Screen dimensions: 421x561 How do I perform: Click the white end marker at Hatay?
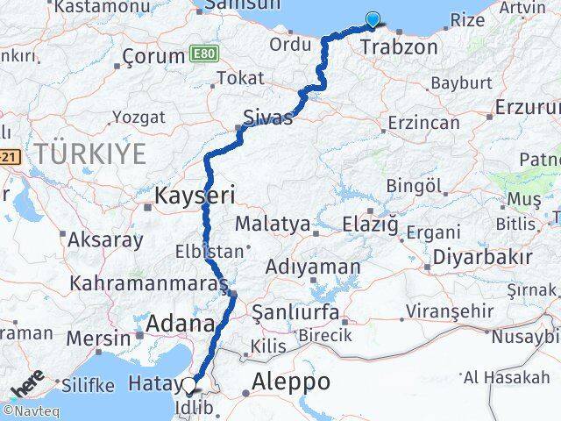pos(189,383)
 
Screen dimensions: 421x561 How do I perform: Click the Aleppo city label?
pos(291,382)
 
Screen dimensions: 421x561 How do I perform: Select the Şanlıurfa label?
pos(295,311)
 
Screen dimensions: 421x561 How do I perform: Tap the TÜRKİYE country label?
pos(91,154)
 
